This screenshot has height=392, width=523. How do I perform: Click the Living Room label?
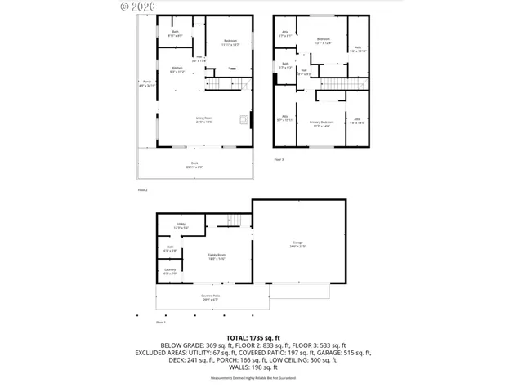pyautogui.click(x=204, y=120)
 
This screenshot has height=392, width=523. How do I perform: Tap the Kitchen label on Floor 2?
pyautogui.click(x=177, y=69)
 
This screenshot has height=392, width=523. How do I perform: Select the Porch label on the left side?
pyautogui.click(x=146, y=83)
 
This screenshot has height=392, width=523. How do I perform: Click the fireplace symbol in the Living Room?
pyautogui.click(x=243, y=121)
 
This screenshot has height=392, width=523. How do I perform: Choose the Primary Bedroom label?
pyautogui.click(x=320, y=124)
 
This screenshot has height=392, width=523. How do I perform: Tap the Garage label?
pyautogui.click(x=297, y=243)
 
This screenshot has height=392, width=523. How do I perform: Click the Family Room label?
pyautogui.click(x=216, y=257)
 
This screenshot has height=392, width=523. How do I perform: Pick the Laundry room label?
pyautogui.click(x=170, y=271)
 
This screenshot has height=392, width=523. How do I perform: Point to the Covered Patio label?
pyautogui.click(x=211, y=297)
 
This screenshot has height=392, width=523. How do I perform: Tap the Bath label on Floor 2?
pyautogui.click(x=175, y=34)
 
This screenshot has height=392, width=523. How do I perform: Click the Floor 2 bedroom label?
pyautogui.click(x=231, y=43)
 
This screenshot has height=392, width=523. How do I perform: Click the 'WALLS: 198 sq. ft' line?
pyautogui.click(x=261, y=368)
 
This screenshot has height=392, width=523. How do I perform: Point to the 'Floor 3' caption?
pyautogui.click(x=278, y=159)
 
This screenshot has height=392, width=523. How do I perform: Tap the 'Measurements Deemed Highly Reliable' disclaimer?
pyautogui.click(x=261, y=378)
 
